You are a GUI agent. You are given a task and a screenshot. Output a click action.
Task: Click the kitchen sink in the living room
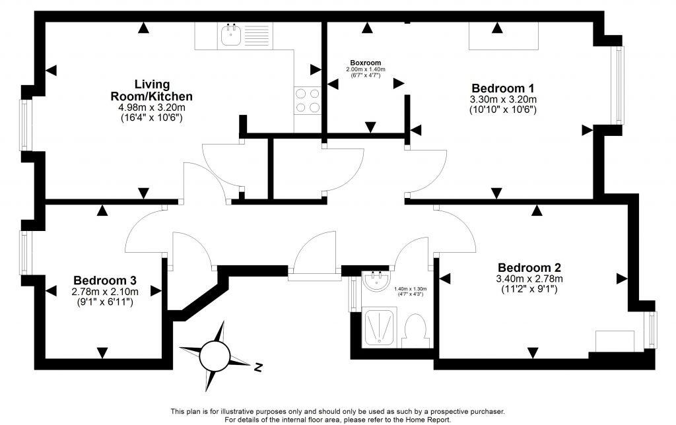(x=230, y=36)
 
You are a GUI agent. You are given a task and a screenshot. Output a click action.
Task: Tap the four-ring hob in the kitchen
(x=307, y=100)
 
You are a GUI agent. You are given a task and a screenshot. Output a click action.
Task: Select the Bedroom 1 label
(x=502, y=88)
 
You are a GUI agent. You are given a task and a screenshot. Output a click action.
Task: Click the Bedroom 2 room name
(x=529, y=267)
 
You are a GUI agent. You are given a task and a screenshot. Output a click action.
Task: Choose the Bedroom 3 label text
(x=105, y=280)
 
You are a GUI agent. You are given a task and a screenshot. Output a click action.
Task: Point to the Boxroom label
(x=365, y=63)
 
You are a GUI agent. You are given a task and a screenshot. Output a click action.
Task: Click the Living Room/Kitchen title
(x=152, y=90)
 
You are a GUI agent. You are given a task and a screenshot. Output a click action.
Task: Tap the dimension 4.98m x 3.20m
(x=152, y=108)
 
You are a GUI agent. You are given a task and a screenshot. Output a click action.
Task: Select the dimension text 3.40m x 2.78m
(x=529, y=278)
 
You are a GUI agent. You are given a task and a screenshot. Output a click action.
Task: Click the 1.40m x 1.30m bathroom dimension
(x=410, y=289)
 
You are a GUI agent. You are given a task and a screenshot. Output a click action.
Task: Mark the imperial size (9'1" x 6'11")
(x=105, y=302)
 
